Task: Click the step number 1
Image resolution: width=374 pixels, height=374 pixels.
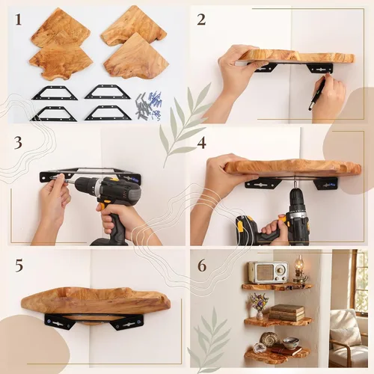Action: coord(18,19)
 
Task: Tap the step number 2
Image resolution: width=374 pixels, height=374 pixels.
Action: coord(201,19)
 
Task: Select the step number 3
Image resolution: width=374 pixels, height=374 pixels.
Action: coord(18,143)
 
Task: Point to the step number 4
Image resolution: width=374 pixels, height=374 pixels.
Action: coord(201,143)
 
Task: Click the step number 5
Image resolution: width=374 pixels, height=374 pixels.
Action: coord(19,266)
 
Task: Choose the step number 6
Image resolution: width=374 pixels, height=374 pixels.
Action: coord(202,266)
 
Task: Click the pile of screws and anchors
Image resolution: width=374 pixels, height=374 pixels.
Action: coord(149,105)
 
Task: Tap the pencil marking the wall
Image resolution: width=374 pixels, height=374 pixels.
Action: coord(318,93)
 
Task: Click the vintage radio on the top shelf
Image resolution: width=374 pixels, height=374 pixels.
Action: coord(268,272)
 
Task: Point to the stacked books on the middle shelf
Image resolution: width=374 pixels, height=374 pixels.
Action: coord(286,313)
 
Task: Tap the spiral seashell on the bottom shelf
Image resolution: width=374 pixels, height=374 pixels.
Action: coord(269,339)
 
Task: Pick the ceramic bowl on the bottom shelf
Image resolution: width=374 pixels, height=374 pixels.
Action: coord(290,342)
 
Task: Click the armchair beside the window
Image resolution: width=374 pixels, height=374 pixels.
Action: coord(349,339)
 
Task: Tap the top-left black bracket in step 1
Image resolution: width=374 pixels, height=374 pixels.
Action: coord(55,93)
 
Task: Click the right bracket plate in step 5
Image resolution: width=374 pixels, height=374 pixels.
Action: coord(127,322)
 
